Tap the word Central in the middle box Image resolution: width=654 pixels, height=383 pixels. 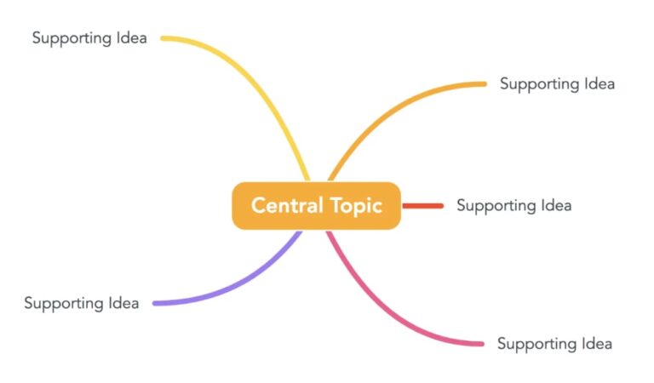coord(287,206)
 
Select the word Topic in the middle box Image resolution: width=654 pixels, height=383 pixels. coord(355,206)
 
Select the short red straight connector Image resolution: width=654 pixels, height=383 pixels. coord(422,205)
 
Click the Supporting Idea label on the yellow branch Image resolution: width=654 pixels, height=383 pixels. coord(89,37)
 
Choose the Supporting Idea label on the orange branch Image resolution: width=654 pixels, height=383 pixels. coord(557,83)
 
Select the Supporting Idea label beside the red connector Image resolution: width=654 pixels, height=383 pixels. coord(513,205)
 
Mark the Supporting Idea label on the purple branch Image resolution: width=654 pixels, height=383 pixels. coord(81,303)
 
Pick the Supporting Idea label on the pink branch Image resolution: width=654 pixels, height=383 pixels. coord(554,344)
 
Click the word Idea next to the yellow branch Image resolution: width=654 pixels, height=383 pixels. coord(131,37)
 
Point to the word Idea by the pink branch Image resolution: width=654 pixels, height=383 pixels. coord(596,344)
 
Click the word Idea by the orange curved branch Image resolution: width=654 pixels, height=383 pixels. coord(599,83)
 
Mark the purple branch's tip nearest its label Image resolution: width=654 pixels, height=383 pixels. coord(155,303)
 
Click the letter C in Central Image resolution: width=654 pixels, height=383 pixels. coord(258,206)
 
